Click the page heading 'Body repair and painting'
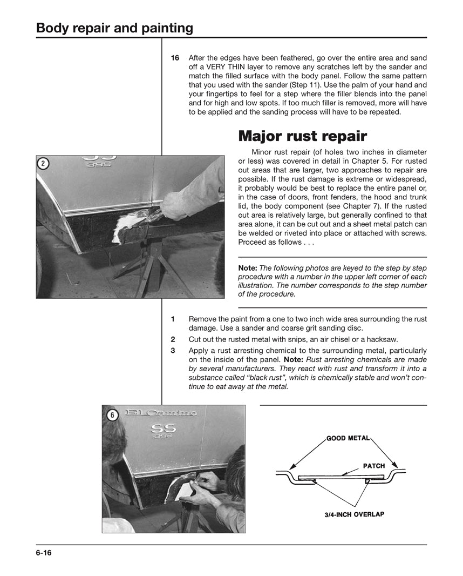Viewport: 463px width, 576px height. tap(114, 28)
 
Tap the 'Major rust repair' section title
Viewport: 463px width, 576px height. tap(303, 136)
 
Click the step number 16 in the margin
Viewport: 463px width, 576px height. tap(175, 58)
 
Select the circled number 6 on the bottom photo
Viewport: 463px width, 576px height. tap(111, 414)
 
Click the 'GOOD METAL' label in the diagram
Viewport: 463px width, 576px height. tap(348, 438)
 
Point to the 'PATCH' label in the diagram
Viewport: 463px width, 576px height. tap(373, 466)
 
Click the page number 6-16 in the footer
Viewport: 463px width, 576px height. tap(44, 553)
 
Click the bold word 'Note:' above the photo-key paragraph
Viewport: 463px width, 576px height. tap(248, 268)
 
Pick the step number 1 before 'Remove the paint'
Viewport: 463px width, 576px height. tap(173, 319)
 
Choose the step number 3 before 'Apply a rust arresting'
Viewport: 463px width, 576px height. tap(173, 350)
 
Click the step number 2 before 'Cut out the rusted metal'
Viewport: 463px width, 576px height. tap(173, 339)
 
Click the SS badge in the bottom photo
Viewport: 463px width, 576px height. tap(163, 428)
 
